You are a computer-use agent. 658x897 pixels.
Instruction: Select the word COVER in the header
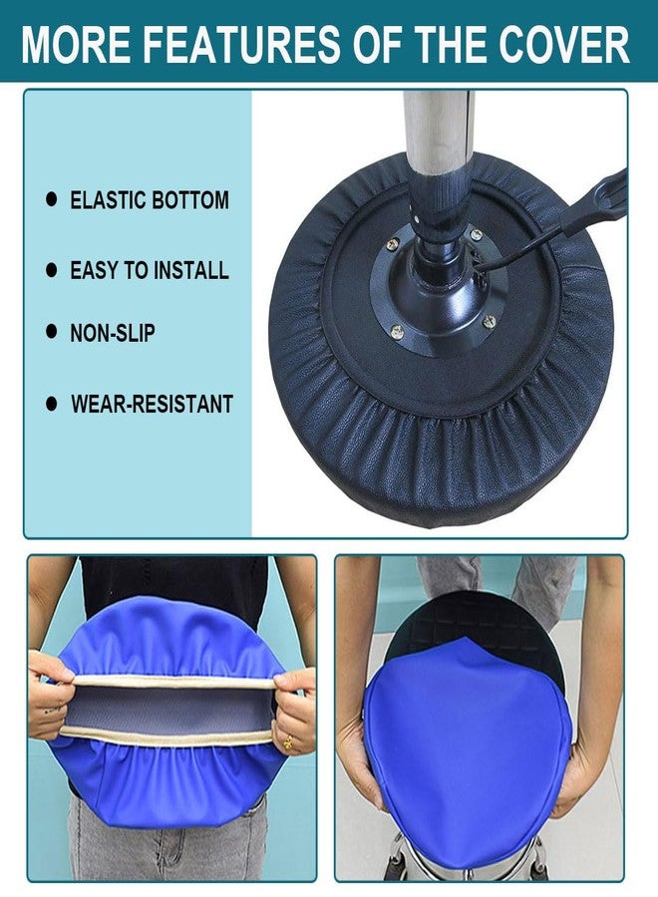pyautogui.click(x=563, y=44)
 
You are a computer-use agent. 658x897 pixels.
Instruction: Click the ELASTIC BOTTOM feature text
pyautogui.click(x=150, y=200)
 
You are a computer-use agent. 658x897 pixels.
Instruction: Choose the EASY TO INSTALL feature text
pyautogui.click(x=150, y=270)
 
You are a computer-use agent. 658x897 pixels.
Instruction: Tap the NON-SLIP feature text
pyautogui.click(x=113, y=333)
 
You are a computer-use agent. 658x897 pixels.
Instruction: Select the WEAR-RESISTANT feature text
pyautogui.click(x=152, y=404)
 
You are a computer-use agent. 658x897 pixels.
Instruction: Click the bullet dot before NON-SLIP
pyautogui.click(x=52, y=332)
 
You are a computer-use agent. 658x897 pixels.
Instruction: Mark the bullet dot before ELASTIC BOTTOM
pyautogui.click(x=52, y=199)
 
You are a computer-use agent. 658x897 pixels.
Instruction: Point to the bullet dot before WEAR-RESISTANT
pyautogui.click(x=52, y=404)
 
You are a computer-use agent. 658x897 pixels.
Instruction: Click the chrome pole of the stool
pyautogui.click(x=439, y=132)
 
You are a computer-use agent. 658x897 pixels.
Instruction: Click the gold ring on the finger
pyautogui.click(x=288, y=744)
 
